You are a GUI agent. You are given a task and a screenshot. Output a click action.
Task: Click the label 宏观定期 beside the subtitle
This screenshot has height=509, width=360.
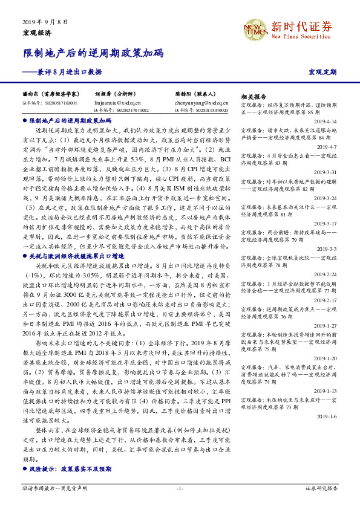(322, 73)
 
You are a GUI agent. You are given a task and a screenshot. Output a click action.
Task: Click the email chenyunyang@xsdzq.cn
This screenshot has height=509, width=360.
(198, 103)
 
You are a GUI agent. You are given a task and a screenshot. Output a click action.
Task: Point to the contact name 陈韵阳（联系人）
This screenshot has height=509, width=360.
(196, 95)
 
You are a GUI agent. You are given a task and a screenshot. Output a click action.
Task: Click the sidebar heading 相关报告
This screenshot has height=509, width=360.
(254, 97)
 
